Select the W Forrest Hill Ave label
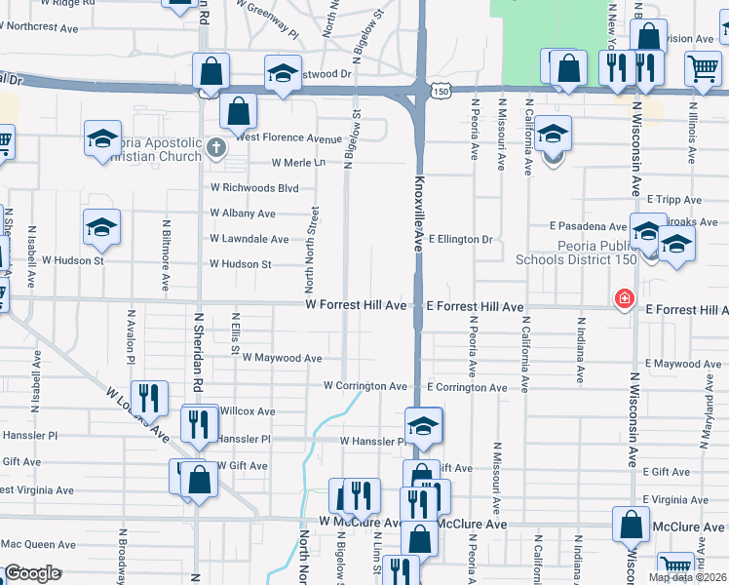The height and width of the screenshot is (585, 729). point(356,305)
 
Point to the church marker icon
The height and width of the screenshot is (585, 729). point(217,149)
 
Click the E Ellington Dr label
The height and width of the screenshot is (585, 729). point(460,239)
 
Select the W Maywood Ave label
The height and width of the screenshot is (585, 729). point(282,358)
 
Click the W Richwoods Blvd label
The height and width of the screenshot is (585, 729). point(254,187)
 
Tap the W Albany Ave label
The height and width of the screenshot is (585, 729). point(243,213)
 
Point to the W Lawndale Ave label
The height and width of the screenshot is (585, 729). point(249,238)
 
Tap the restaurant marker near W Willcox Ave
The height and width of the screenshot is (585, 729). point(199,422)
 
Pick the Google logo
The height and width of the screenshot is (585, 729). point(32,573)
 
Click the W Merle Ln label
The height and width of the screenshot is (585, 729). point(298,163)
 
